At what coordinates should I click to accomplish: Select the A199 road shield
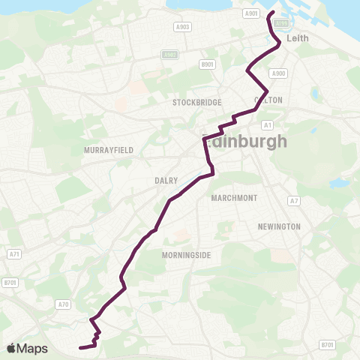(x=280, y=23)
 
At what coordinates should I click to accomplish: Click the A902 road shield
(x=169, y=55)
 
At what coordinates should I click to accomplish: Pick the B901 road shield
(x=208, y=65)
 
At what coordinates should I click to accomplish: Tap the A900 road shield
(x=279, y=73)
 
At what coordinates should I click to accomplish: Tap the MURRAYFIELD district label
(x=109, y=150)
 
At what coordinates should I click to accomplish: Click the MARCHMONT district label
(x=235, y=198)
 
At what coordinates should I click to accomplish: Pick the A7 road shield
(x=295, y=201)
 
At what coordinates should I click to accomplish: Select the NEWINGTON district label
(x=279, y=226)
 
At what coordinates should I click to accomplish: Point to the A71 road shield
(x=14, y=255)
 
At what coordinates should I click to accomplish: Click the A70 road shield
(x=63, y=304)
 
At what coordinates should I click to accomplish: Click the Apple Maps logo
(x=27, y=348)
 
